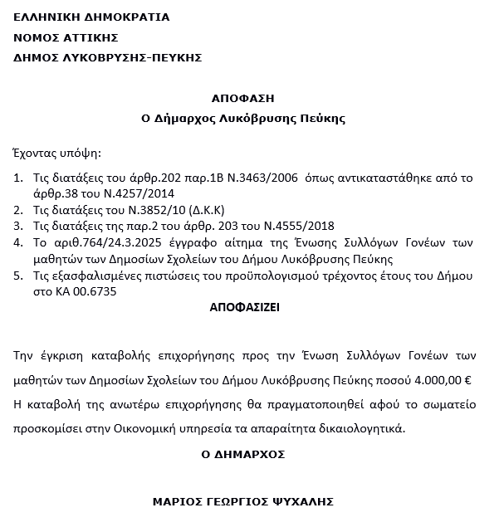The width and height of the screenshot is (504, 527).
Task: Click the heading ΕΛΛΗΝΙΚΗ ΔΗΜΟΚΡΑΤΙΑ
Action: [91, 17]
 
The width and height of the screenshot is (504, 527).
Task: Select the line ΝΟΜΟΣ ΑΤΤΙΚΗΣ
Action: [66, 37]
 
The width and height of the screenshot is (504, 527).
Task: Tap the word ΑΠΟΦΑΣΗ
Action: [242, 98]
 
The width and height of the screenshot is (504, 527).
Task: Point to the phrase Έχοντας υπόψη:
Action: [57, 154]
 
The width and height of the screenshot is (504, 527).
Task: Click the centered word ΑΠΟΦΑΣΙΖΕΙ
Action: [245, 306]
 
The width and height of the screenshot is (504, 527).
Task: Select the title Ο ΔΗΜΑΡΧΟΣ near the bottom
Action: [243, 455]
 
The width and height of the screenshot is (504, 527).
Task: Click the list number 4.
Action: [20, 242]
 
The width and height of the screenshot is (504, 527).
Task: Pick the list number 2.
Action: [20, 209]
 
